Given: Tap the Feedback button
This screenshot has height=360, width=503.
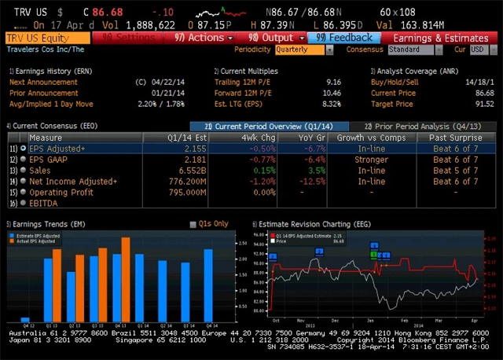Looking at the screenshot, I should tap(346, 38).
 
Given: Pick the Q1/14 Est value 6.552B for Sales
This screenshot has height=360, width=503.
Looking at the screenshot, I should tap(191, 171).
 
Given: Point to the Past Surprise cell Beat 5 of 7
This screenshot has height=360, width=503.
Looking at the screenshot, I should tap(455, 171).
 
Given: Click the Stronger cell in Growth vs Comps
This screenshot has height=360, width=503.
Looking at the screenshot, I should tap(350, 160).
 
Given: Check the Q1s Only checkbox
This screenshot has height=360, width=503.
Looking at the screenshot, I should tap(193, 224).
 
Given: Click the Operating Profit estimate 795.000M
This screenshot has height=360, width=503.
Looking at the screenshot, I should tap(185, 193).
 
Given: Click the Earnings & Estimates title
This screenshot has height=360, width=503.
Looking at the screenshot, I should tap(440, 38).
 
